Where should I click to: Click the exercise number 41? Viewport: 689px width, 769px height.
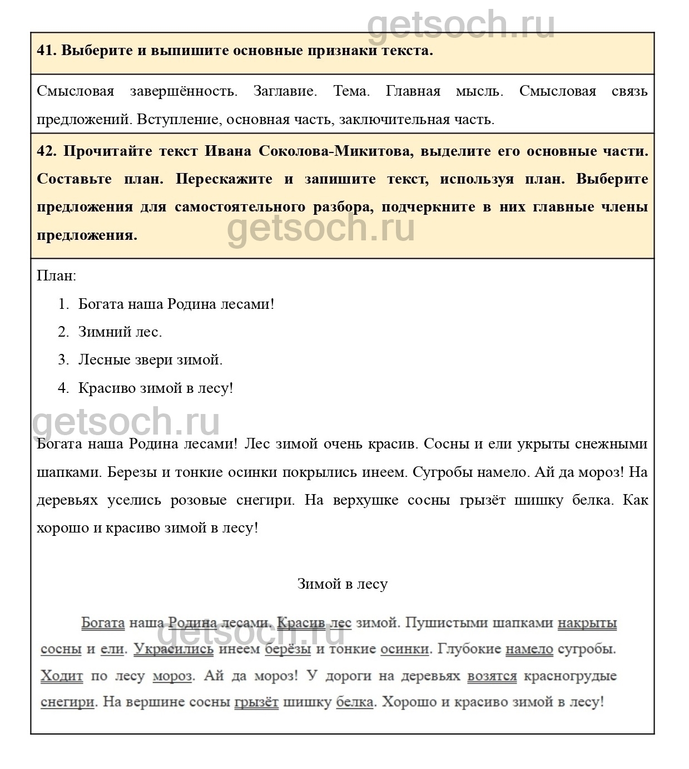pyautogui.click(x=46, y=51)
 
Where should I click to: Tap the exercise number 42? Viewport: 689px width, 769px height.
pyautogui.click(x=46, y=151)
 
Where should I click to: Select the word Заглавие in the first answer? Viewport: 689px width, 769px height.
pyautogui.click(x=285, y=91)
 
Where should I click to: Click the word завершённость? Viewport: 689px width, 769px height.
pyautogui.click(x=184, y=91)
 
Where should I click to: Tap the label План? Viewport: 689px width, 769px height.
pyautogui.click(x=56, y=275)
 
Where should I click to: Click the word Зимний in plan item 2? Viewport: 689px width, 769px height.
pyautogui.click(x=104, y=332)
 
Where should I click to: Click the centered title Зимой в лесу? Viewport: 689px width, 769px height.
pyautogui.click(x=342, y=584)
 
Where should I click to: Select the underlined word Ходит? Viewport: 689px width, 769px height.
pyautogui.click(x=62, y=676)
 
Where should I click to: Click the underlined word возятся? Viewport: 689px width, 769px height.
pyautogui.click(x=492, y=676)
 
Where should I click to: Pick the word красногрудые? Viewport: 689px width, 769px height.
pyautogui.click(x=571, y=676)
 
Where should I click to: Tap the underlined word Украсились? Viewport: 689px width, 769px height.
pyautogui.click(x=174, y=649)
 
